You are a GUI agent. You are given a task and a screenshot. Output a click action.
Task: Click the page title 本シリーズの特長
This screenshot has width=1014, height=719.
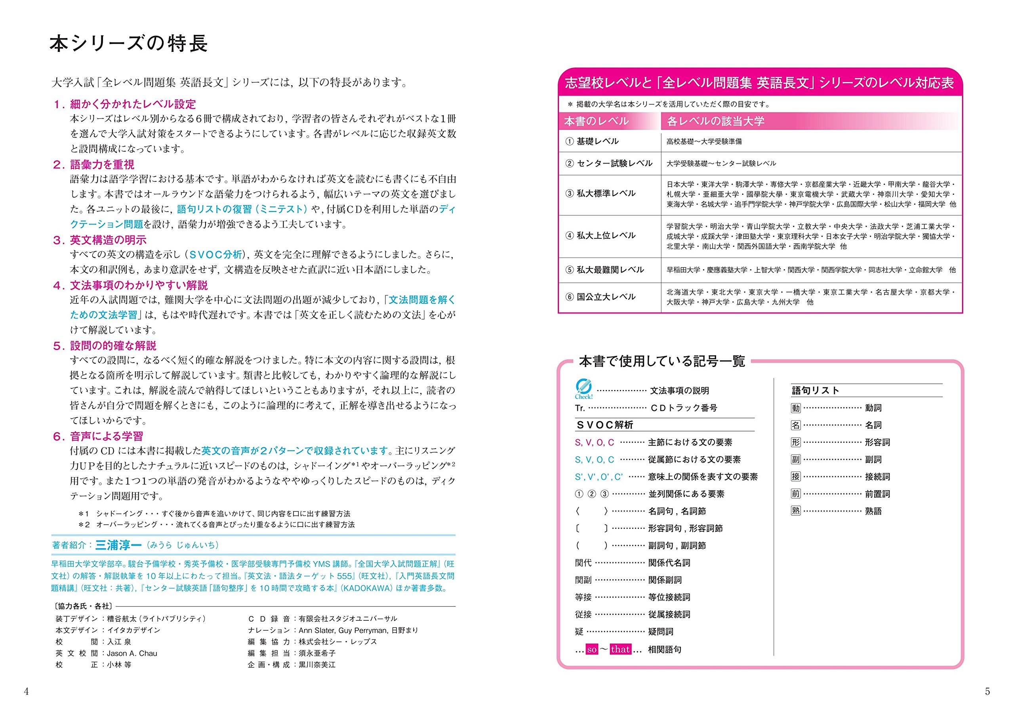(x=128, y=44)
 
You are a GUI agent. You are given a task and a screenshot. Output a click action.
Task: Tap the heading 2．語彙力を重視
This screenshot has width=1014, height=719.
(x=93, y=165)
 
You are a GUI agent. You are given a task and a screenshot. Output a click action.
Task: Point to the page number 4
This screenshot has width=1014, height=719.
(x=26, y=692)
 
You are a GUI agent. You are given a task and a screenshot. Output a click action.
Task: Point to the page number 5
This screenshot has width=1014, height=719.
(x=987, y=692)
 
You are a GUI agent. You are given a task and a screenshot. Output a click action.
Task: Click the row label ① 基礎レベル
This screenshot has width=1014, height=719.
(x=592, y=141)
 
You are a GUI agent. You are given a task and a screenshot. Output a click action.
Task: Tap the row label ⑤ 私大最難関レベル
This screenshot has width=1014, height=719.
(x=604, y=270)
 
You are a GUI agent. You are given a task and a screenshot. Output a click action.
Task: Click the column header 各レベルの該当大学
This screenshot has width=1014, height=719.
(x=716, y=121)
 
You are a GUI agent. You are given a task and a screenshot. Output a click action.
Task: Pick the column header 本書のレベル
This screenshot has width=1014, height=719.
(x=597, y=121)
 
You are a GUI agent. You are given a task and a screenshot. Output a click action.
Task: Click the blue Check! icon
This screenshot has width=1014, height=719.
(x=583, y=388)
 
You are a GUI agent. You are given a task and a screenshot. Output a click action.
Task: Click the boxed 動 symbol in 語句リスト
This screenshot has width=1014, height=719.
(x=796, y=408)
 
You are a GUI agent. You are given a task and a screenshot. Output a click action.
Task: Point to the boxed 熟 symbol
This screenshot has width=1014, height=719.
(x=796, y=511)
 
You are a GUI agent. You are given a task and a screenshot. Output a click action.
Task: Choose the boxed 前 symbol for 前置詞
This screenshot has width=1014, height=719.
(x=796, y=494)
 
